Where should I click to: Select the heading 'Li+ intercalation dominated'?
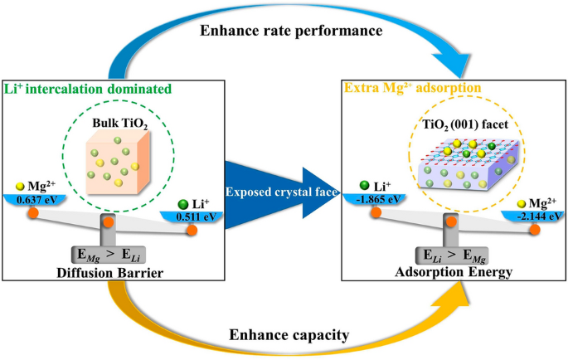[x=86, y=88]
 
